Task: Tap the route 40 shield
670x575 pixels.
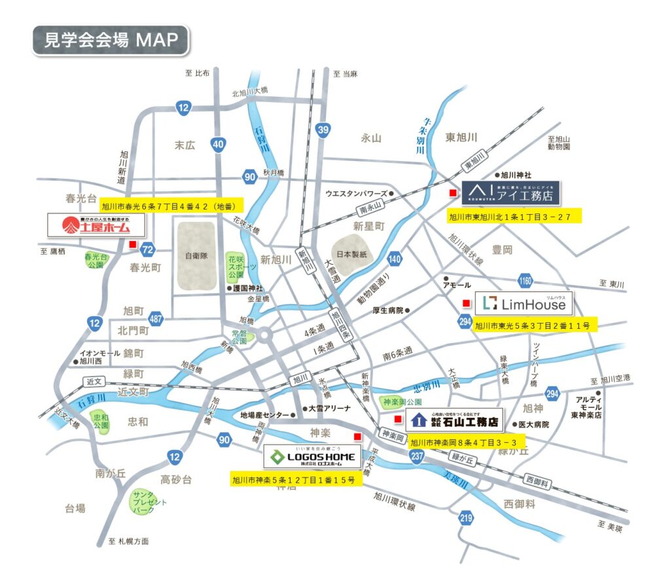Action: click(219, 143)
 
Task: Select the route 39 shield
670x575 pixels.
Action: click(322, 130)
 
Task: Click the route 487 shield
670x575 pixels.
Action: click(156, 320)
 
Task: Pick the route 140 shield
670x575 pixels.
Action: click(394, 259)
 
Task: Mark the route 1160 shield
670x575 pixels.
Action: click(525, 280)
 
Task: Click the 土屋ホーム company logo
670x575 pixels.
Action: click(96, 226)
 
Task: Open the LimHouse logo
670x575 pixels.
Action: click(523, 303)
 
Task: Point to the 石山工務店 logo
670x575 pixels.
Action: click(454, 420)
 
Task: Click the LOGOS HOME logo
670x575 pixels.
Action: click(313, 457)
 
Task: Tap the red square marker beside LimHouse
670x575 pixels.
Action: click(467, 303)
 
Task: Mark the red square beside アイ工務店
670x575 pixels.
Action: click(451, 193)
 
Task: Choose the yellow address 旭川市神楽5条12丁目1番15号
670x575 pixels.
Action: click(294, 480)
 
